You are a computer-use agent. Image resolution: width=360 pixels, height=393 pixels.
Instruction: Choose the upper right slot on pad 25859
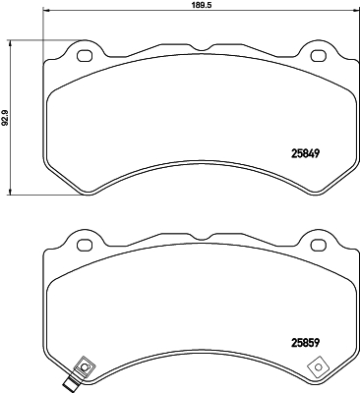(x=319, y=242)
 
